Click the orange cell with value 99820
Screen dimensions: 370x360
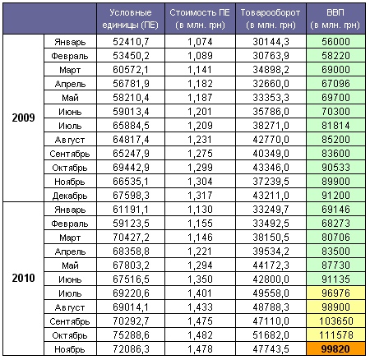(x=335, y=348)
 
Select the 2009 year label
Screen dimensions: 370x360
(x=23, y=118)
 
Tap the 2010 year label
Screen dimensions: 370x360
(x=23, y=278)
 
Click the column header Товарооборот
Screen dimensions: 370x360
(x=271, y=19)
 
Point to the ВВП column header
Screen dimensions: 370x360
(x=335, y=19)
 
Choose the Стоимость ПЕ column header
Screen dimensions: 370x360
(x=200, y=19)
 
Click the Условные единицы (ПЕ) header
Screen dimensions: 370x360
(x=131, y=19)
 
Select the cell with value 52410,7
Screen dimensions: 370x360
(x=131, y=42)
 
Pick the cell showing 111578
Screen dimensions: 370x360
(x=335, y=335)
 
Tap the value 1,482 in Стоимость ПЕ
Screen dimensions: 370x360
(x=200, y=335)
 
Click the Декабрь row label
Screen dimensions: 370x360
(x=70, y=196)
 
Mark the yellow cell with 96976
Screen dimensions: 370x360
(x=335, y=293)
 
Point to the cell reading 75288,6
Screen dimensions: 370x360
(x=131, y=335)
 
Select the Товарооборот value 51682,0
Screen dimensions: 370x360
(x=271, y=335)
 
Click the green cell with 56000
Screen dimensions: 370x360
(x=335, y=41)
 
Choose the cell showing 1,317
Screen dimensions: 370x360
(x=200, y=196)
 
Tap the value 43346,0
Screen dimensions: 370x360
(x=271, y=168)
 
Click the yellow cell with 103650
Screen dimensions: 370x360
(x=335, y=321)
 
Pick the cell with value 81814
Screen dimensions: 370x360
(x=335, y=125)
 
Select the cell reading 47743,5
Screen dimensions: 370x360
(x=271, y=349)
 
